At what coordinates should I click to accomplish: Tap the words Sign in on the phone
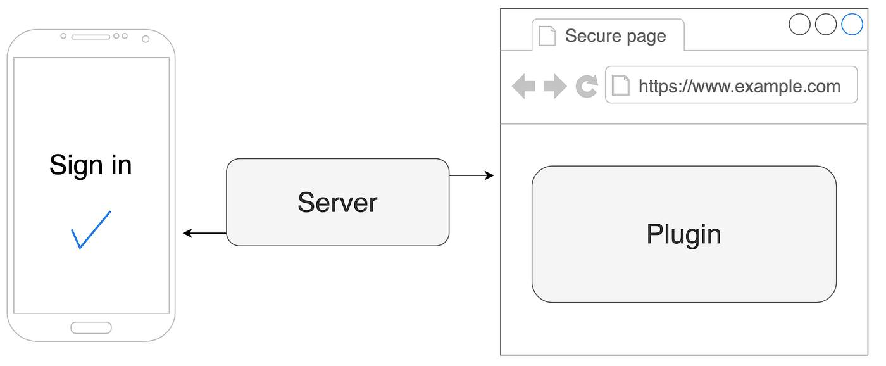pos(90,165)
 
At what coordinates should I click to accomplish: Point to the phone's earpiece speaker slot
pos(90,37)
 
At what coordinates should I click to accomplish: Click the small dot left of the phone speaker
pos(63,36)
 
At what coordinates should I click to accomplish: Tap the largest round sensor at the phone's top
pos(146,39)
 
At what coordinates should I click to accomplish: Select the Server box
pos(337,202)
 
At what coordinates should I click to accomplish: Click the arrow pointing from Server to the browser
pos(471,175)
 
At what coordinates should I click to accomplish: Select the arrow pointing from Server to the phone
pos(204,233)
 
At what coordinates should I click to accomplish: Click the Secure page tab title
pos(615,36)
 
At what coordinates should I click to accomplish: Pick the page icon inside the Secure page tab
pos(547,35)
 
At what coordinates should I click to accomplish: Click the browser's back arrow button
pos(523,86)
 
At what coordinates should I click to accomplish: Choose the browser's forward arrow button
pos(555,86)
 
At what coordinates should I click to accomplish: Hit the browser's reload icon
pos(587,86)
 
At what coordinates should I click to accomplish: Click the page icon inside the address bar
pos(621,85)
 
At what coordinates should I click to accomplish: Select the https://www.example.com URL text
pos(739,85)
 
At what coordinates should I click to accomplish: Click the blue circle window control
pos(852,25)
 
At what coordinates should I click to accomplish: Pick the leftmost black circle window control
pos(800,25)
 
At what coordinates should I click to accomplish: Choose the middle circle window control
pos(826,25)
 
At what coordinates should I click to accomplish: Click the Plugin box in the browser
pos(683,234)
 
